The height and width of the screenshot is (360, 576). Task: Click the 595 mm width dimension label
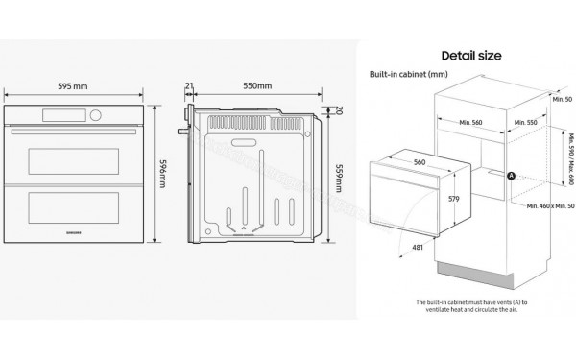[74, 86]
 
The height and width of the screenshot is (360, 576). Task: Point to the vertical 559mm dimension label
[337, 175]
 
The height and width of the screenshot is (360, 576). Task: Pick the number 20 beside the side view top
[339, 110]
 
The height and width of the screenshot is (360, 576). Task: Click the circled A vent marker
[511, 175]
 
